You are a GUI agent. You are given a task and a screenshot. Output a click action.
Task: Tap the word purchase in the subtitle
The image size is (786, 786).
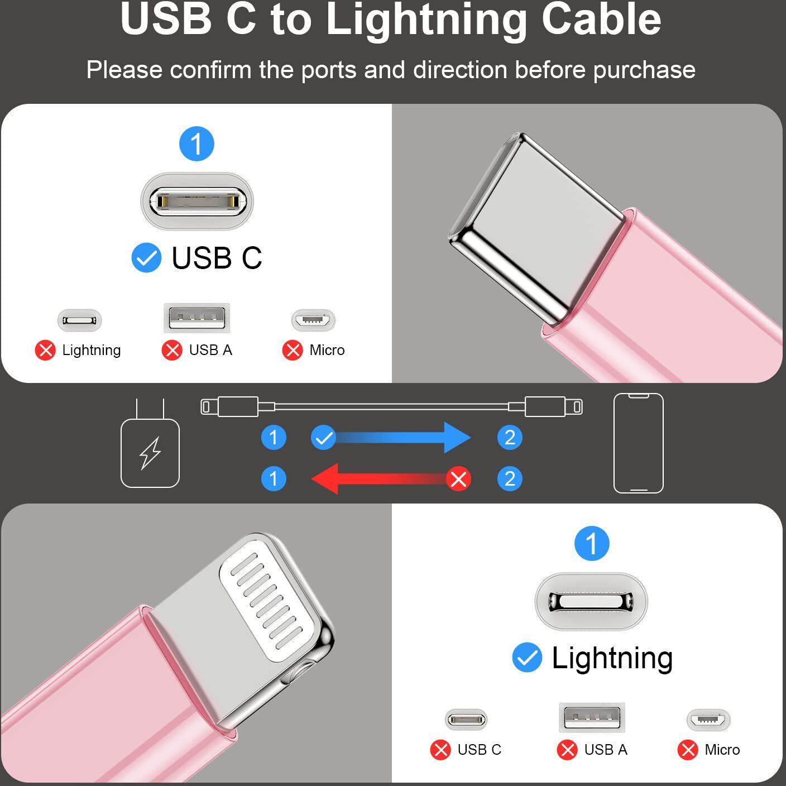click(x=644, y=70)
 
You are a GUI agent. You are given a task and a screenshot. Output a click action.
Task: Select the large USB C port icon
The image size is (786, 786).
click(x=197, y=201)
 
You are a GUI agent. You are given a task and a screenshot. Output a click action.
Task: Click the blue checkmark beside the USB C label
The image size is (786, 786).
click(x=146, y=257)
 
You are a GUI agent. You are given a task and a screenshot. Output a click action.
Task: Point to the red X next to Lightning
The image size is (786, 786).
click(x=45, y=350)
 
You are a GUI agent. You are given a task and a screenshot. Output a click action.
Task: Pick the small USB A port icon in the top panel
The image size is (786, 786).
click(x=196, y=318)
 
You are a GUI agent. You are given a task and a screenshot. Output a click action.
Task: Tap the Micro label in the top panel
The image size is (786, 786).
click(x=327, y=350)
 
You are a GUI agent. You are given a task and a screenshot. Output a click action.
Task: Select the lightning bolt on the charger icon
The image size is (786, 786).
click(x=150, y=454)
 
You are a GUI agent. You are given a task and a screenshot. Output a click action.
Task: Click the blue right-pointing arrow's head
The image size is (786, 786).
click(x=457, y=438)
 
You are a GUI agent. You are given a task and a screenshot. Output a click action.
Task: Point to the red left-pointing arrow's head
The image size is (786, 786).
click(x=325, y=478)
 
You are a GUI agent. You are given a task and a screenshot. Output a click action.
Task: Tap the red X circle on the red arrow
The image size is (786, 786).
click(x=458, y=479)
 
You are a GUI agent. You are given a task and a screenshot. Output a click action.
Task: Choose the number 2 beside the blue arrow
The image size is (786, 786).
click(x=510, y=438)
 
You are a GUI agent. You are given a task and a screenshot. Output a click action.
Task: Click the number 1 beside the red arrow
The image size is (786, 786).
click(x=274, y=478)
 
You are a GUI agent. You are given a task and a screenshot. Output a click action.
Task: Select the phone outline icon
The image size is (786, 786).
click(x=638, y=443)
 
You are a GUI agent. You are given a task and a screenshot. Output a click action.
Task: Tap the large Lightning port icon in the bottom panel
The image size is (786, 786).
click(x=591, y=602)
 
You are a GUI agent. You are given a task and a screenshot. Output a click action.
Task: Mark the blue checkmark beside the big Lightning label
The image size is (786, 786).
click(x=528, y=656)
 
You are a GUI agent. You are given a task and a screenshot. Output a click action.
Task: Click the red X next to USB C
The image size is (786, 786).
click(x=440, y=750)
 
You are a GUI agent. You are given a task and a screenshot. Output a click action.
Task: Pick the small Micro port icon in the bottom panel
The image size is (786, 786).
click(x=708, y=720)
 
